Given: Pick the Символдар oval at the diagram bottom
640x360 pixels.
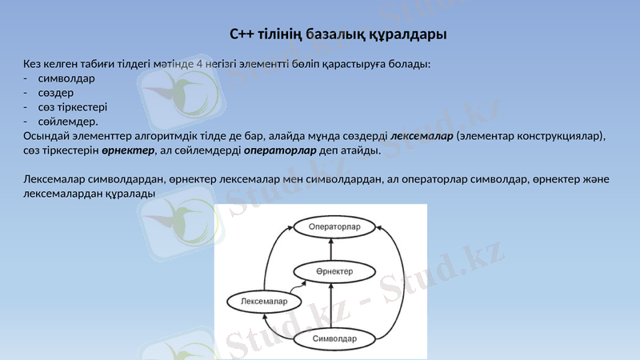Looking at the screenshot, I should pyautogui.click(x=334, y=338).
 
